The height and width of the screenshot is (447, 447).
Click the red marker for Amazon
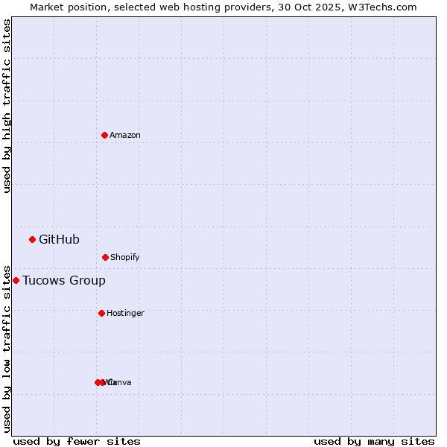(x=104, y=135)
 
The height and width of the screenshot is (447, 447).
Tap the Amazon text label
(x=125, y=136)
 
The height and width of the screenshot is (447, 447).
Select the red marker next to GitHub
(x=32, y=239)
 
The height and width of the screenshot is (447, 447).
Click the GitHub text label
(x=59, y=240)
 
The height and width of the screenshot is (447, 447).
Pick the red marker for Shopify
(x=105, y=257)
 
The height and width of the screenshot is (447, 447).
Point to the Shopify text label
(x=125, y=258)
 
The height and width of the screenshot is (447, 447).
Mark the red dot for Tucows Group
(x=16, y=280)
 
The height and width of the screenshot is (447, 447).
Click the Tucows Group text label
(x=64, y=281)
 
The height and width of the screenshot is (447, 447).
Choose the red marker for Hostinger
(x=101, y=313)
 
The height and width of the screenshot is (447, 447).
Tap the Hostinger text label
(x=125, y=314)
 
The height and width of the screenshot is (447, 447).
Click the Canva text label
(x=121, y=383)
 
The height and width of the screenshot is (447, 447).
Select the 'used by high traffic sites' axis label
(x=7, y=107)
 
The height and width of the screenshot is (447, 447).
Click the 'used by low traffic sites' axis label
(x=7, y=349)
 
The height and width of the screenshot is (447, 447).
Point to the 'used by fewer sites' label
(x=77, y=442)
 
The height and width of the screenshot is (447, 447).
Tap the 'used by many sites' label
(x=374, y=442)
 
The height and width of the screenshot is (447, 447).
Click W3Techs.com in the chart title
(x=384, y=7)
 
